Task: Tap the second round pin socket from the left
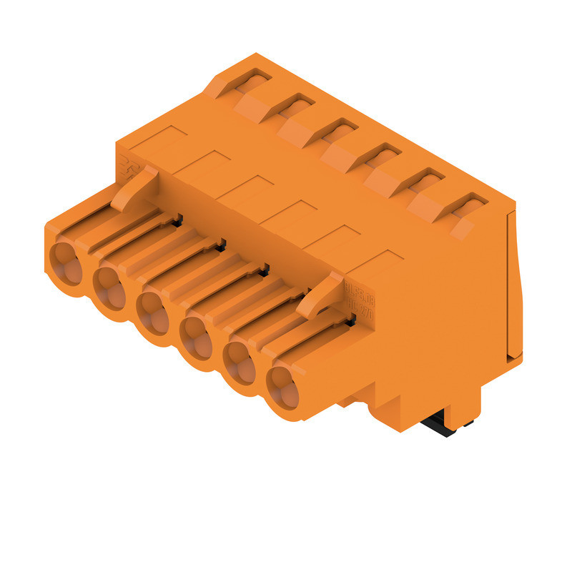pyautogui.click(x=110, y=284)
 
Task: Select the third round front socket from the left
pyautogui.click(x=152, y=308)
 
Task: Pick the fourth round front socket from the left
pyautogui.click(x=196, y=333)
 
